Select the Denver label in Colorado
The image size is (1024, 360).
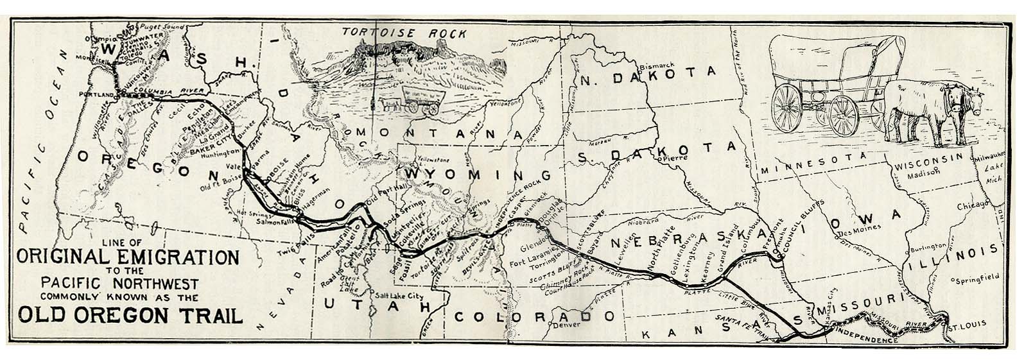[555, 324]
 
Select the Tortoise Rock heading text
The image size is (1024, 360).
[394, 31]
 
